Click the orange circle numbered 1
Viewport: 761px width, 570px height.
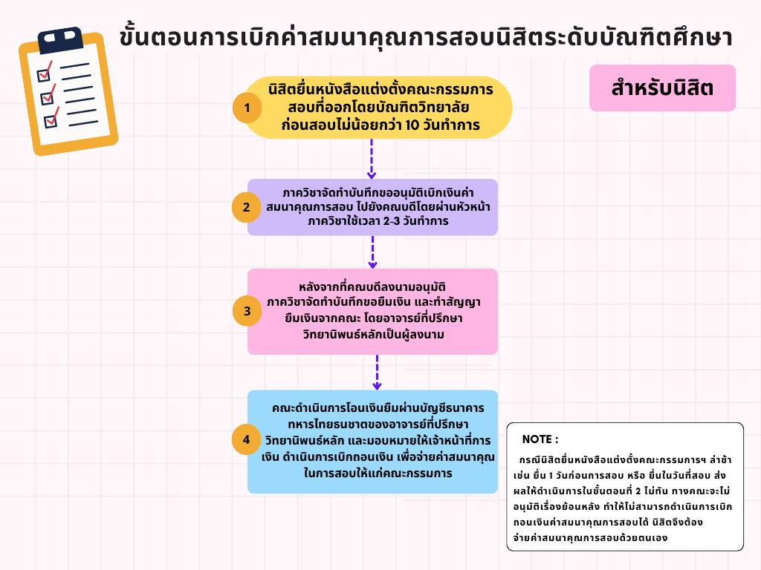[247, 108]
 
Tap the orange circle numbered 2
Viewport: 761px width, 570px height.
[247, 208]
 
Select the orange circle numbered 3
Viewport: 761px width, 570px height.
[247, 311]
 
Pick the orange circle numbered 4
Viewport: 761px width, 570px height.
[247, 439]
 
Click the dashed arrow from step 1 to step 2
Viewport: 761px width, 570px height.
[372, 159]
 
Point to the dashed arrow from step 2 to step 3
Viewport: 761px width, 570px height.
[372, 252]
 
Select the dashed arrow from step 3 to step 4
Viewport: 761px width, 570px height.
[377, 373]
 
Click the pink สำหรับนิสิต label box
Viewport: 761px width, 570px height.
[662, 88]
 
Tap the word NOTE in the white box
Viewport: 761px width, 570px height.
[537, 439]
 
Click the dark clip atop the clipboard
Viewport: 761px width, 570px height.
[61, 40]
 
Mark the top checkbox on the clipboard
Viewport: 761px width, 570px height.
[44, 73]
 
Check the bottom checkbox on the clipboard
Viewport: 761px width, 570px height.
[51, 119]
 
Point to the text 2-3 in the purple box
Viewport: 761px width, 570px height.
[392, 221]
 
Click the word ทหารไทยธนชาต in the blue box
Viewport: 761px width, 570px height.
[324, 424]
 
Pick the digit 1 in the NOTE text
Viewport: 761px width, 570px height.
[551, 476]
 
